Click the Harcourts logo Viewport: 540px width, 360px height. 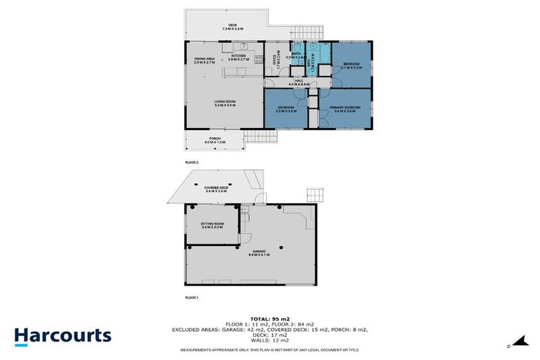click(63, 335)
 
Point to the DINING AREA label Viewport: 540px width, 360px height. click(205, 59)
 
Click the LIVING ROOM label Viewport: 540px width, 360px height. click(225, 103)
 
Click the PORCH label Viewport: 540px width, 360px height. click(214, 141)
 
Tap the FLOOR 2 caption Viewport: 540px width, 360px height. click(192, 162)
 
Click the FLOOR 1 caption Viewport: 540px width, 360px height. click(191, 298)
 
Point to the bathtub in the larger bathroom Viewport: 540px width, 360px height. click(321, 53)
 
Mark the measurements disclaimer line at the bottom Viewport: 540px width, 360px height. click(270, 349)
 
